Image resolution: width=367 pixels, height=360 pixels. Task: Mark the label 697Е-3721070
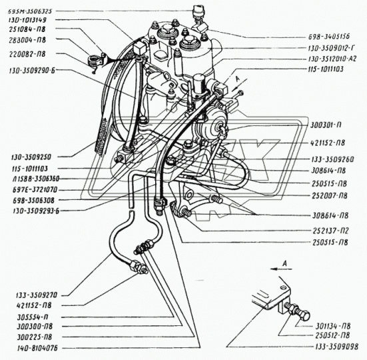pos(31,189)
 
